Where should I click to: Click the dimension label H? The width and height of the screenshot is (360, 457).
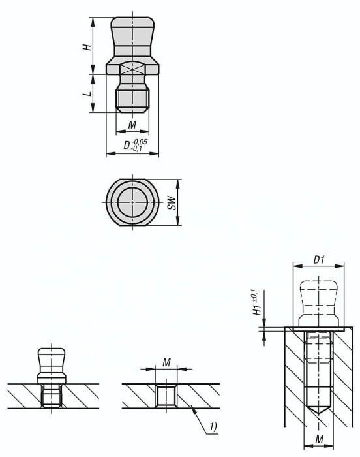(87, 47)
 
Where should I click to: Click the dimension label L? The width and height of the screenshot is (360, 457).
(87, 94)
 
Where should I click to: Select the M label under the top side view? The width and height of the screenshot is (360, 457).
(132, 125)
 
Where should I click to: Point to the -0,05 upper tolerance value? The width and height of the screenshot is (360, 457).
(140, 142)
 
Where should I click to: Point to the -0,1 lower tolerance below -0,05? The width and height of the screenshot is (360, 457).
(137, 148)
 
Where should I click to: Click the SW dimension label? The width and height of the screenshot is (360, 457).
(172, 202)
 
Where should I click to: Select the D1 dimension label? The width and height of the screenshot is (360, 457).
(319, 260)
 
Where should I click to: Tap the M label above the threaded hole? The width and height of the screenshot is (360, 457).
(166, 362)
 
